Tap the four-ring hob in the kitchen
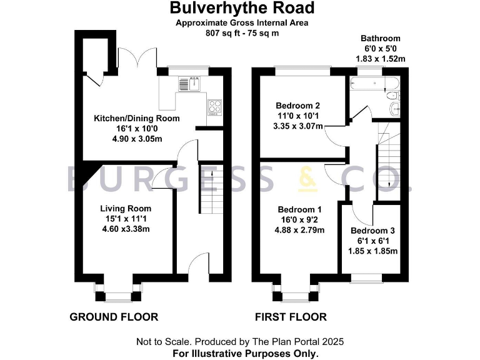(x=214, y=108)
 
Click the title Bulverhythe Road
(x=242, y=8)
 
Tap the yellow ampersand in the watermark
(x=307, y=179)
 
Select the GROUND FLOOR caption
(x=113, y=317)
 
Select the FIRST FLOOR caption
(x=291, y=317)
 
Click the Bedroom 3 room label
(x=372, y=231)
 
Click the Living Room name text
(x=126, y=208)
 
